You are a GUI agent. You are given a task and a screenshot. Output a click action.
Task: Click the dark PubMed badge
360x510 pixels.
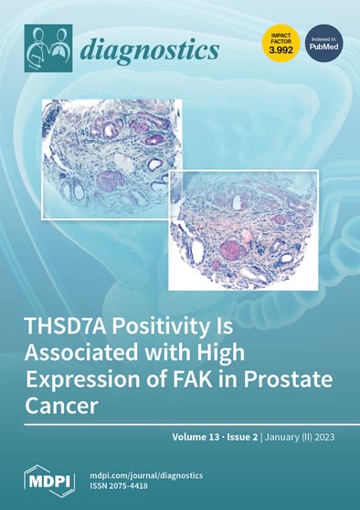323,45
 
